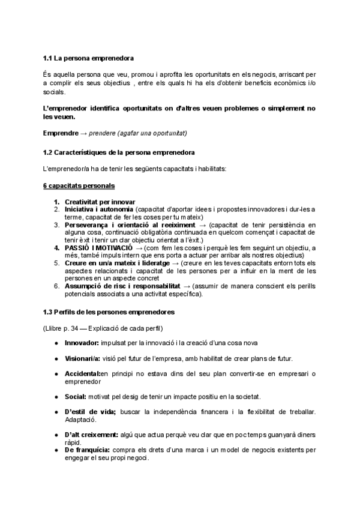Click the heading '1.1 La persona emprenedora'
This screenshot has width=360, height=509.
pos(88,58)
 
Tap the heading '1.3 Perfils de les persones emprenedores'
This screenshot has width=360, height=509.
pos(109,313)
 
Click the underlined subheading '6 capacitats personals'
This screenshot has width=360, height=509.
pos(79,186)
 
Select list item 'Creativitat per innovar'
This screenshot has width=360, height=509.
pos(100,202)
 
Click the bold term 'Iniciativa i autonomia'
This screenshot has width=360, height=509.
pos(99,209)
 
